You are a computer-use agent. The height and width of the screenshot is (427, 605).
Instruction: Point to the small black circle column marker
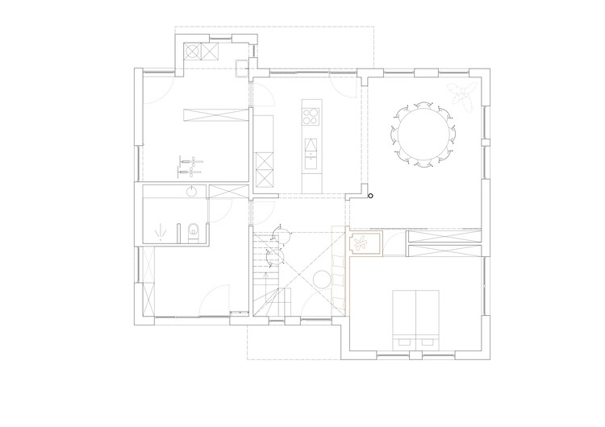tap(370, 195)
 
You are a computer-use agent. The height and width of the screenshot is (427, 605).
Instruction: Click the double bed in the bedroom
tap(416, 316)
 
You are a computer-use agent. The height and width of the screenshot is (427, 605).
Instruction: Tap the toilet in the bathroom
tap(190, 232)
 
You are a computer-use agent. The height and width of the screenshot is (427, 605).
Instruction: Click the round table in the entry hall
tap(320, 280)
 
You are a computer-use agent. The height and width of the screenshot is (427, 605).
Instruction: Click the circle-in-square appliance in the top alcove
tap(194, 52)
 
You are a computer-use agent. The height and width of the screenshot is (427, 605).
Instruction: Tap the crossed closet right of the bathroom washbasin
tap(229, 191)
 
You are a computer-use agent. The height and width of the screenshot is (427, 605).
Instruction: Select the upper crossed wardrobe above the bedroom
tap(444, 237)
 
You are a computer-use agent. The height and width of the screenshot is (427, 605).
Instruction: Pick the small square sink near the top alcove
tap(243, 64)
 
